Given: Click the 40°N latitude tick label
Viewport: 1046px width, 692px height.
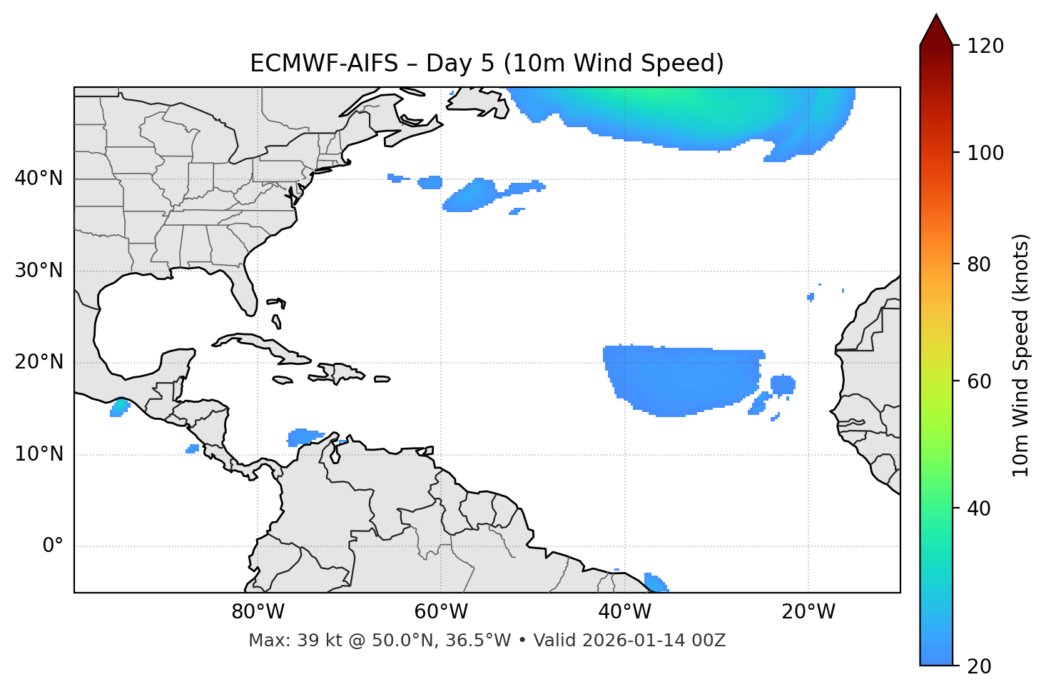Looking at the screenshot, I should coord(39,179).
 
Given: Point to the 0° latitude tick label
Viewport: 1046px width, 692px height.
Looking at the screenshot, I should coord(52,546).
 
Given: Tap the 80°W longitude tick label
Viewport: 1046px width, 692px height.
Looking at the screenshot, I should coord(258,612).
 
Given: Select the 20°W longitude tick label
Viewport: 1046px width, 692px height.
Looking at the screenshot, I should coord(808,612).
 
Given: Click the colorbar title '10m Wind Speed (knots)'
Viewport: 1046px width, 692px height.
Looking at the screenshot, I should coord(1021,355).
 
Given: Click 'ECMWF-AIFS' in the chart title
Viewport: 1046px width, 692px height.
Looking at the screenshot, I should coord(323,64).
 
